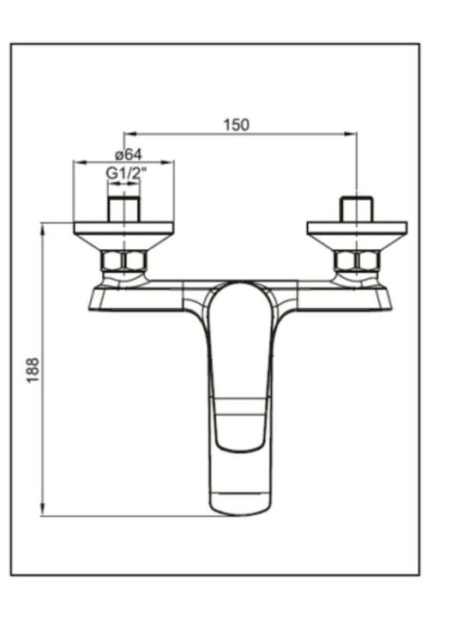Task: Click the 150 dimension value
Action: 237,124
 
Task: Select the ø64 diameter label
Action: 129,154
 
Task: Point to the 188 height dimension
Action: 33,369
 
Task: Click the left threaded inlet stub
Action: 123,209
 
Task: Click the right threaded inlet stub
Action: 357,209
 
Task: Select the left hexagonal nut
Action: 124,261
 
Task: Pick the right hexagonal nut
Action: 357,261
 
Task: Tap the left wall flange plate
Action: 123,228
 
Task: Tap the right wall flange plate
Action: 357,228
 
